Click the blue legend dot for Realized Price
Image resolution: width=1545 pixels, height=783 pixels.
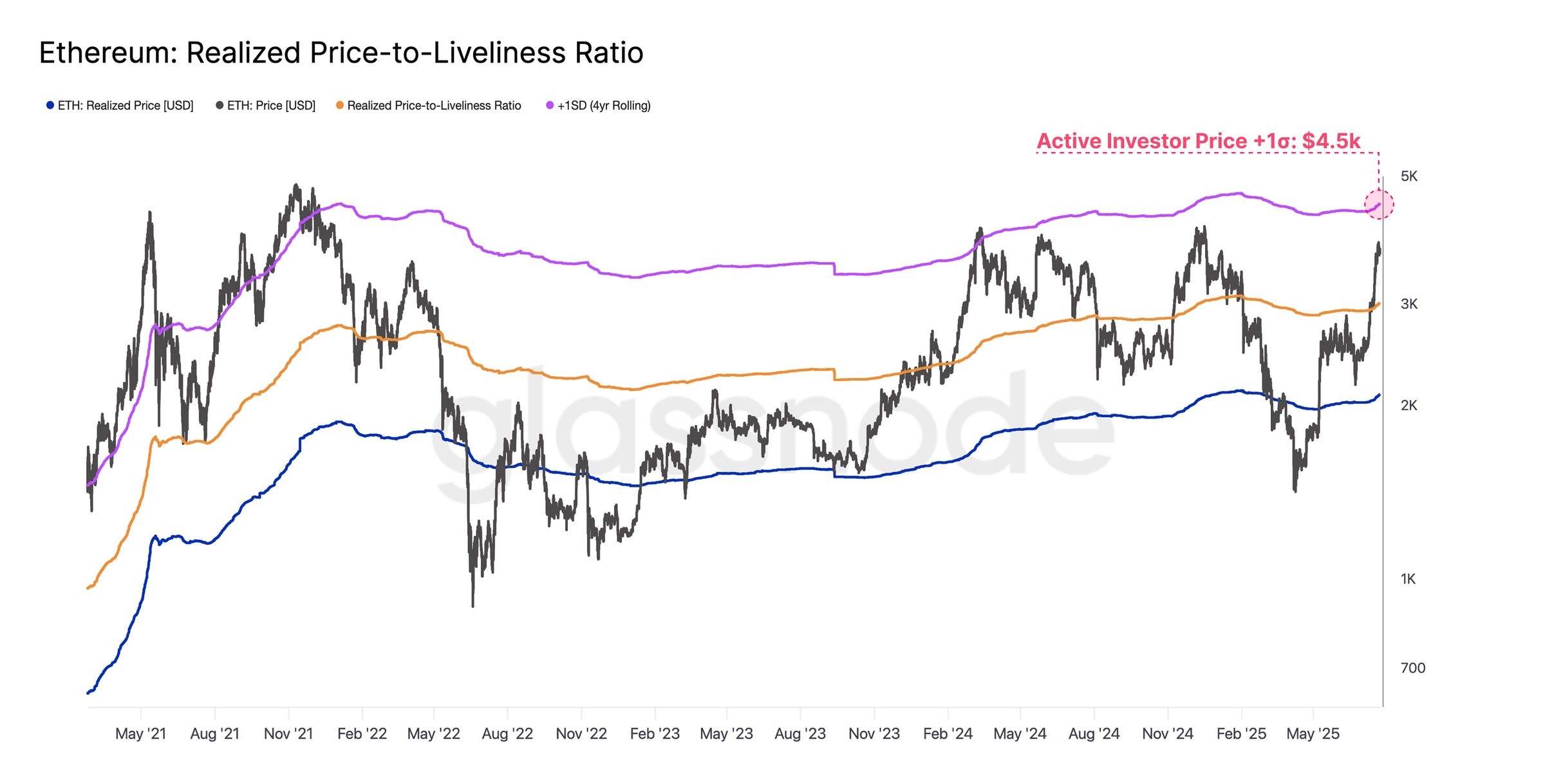tap(50, 105)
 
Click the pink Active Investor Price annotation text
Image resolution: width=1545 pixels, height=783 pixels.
tap(1199, 141)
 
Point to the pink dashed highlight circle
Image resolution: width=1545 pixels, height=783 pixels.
tap(1379, 205)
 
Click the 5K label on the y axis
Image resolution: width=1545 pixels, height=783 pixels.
tap(1409, 176)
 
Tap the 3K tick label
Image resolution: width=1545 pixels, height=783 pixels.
tap(1409, 304)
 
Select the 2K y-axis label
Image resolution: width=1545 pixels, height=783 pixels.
tap(1409, 406)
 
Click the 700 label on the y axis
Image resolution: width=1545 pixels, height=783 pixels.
tap(1413, 668)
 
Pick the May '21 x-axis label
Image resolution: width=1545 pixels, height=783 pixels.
tap(140, 734)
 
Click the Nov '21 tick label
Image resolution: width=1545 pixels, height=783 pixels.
tap(288, 734)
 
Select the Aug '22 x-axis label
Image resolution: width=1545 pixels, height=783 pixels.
tap(507, 734)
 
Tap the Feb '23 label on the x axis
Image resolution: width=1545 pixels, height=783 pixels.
tap(655, 734)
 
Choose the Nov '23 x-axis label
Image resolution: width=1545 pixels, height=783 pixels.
tap(874, 734)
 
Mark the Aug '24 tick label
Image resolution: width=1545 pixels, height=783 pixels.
tap(1094, 734)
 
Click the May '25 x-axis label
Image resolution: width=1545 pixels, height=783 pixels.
tap(1313, 734)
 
